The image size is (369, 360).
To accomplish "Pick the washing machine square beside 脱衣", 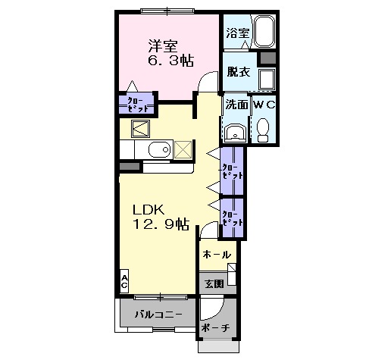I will (x=267, y=79).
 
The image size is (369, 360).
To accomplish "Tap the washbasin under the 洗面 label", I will (x=235, y=133).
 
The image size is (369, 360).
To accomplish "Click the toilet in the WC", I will (x=264, y=130).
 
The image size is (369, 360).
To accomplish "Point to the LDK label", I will (x=149, y=210).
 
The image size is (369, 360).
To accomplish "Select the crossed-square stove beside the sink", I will (x=183, y=149).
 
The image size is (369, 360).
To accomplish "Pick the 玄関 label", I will (x=214, y=283).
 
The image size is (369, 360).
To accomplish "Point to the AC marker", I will (x=124, y=280).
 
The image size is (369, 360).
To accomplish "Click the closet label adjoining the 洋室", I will (x=137, y=103).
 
